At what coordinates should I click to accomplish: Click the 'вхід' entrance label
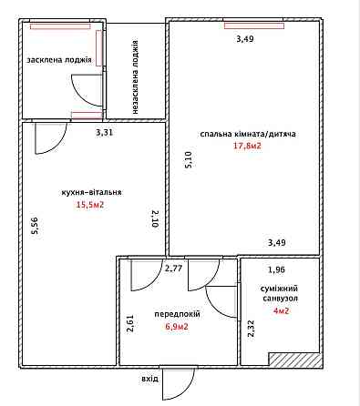pyautogui.click(x=149, y=379)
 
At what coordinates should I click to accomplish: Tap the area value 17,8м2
pyautogui.click(x=247, y=146)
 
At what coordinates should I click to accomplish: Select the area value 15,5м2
pyautogui.click(x=90, y=205)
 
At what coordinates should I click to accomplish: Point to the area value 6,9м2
pyautogui.click(x=177, y=327)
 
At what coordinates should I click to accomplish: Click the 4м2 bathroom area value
pyautogui.click(x=281, y=311)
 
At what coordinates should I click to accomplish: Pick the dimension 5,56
pyautogui.click(x=36, y=226)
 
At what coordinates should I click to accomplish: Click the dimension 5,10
pyautogui.click(x=189, y=160)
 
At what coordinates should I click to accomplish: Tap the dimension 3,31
pyautogui.click(x=105, y=132)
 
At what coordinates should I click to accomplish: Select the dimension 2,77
pyautogui.click(x=173, y=269)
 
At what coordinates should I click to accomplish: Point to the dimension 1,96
pyautogui.click(x=276, y=269)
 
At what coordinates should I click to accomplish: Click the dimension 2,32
pyautogui.click(x=252, y=329)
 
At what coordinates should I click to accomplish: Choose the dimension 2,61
pyautogui.click(x=130, y=323)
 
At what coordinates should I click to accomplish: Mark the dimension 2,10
pyautogui.click(x=155, y=218)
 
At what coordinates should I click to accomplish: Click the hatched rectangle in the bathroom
pyautogui.click(x=294, y=360)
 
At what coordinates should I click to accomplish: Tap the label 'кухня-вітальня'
pyautogui.click(x=91, y=192)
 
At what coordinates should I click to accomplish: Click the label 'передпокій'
pyautogui.click(x=178, y=314)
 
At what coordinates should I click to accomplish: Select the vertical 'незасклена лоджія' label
pyautogui.click(x=136, y=77)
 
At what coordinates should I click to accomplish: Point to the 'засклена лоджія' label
pyautogui.click(x=59, y=60)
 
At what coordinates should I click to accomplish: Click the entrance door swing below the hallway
pyautogui.click(x=179, y=383)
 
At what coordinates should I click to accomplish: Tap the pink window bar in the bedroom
pyautogui.click(x=254, y=25)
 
